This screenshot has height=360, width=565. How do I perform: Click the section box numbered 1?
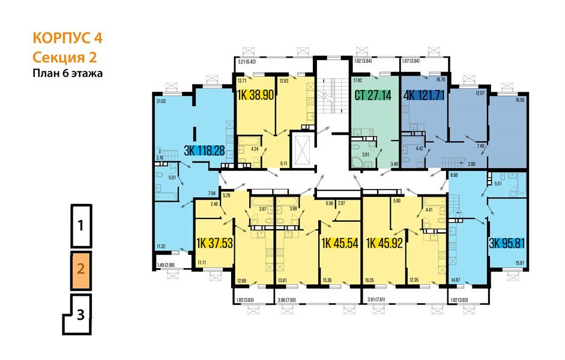(x=80, y=226)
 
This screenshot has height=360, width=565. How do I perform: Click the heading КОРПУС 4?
(x=67, y=39)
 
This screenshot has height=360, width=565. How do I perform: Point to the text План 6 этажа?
(x=67, y=74)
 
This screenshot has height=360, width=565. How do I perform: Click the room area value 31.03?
(x=160, y=102)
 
